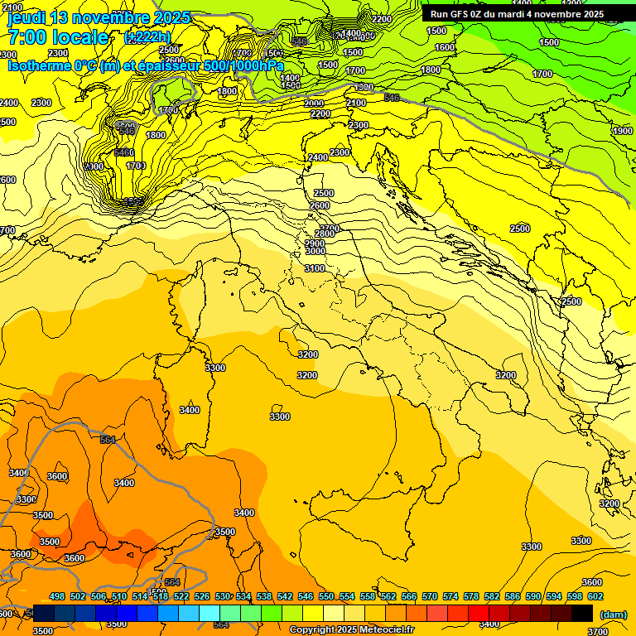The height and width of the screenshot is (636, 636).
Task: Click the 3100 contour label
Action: click(x=315, y=268)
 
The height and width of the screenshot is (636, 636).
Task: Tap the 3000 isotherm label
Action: click(x=315, y=251)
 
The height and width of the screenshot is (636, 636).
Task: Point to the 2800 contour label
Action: click(x=325, y=234)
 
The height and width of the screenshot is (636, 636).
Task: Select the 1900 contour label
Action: click(x=623, y=131)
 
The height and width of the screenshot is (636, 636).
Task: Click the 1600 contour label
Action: click(x=445, y=48)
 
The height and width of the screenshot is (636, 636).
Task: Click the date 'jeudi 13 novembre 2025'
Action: click(x=99, y=17)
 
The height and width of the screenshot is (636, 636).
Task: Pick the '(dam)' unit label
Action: click(x=613, y=614)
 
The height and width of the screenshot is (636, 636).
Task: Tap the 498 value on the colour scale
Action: click(x=57, y=596)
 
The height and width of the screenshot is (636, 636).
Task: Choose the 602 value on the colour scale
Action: click(x=595, y=596)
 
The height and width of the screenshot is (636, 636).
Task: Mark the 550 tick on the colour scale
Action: click(x=326, y=596)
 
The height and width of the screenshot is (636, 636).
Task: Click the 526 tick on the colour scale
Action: click(x=202, y=596)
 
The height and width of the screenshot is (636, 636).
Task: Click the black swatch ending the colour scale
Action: click(x=582, y=613)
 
